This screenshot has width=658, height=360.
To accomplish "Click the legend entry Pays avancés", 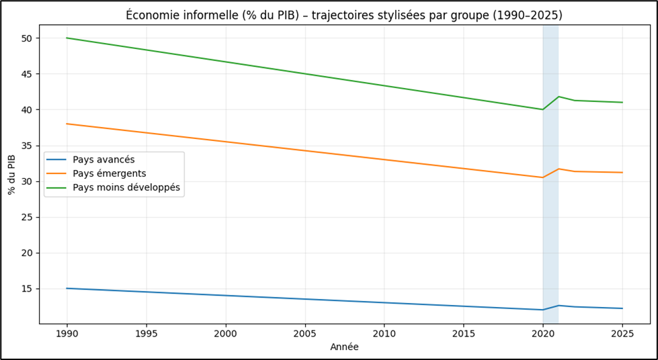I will (x=104, y=160).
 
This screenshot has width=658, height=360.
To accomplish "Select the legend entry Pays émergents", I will (x=109, y=174).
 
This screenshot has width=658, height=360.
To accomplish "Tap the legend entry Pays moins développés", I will (x=126, y=187).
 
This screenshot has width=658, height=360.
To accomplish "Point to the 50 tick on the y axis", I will (x=28, y=38).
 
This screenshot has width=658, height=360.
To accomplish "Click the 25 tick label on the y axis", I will (x=28, y=217).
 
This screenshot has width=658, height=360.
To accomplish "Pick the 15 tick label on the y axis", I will (x=28, y=289).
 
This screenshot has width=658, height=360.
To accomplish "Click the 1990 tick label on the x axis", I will (x=67, y=333).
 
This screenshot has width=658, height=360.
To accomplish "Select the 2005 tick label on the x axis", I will (x=304, y=333).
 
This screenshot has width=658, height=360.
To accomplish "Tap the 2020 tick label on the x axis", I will (x=542, y=333).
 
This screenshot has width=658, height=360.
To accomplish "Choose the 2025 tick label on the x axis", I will (x=622, y=333).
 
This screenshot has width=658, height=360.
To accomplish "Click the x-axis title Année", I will (x=344, y=347).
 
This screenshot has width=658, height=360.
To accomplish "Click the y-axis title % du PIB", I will (x=11, y=175).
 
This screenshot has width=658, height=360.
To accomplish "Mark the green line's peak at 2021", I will (x=559, y=97).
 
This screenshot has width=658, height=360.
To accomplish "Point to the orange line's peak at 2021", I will (x=559, y=169).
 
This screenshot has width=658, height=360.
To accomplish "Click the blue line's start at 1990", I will (x=67, y=288).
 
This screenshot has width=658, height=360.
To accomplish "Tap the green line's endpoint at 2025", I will (x=622, y=102).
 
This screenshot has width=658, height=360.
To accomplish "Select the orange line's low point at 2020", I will (x=542, y=177).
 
